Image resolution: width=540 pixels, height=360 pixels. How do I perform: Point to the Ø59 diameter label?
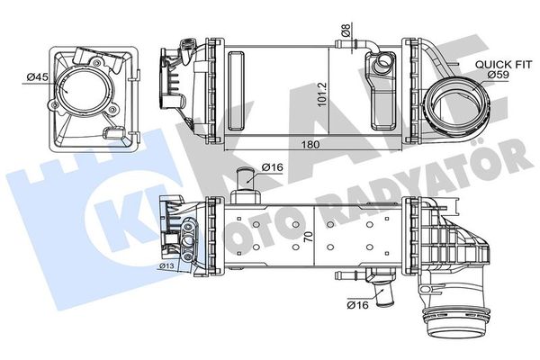coord(500,75)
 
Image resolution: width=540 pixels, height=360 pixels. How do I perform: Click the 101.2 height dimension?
coord(322,91)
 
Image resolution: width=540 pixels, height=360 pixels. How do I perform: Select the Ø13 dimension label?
coord(166,265)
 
